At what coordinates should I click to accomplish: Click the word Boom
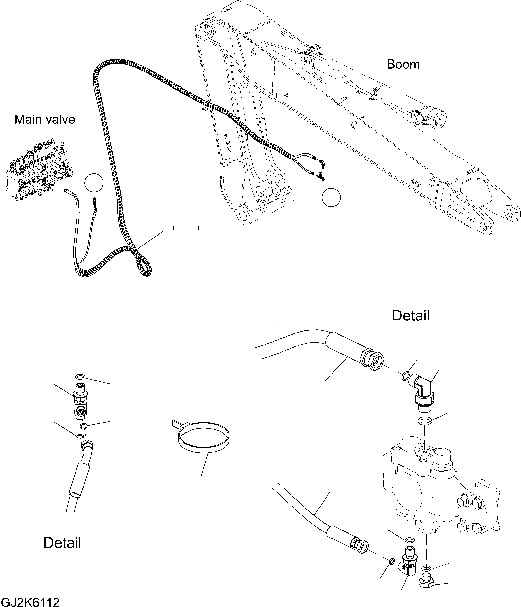click(403, 65)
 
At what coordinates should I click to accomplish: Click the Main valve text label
click(45, 119)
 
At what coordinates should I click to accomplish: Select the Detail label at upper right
click(411, 316)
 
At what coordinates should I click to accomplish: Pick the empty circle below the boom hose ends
click(331, 198)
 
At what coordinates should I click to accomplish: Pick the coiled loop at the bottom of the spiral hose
click(144, 265)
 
